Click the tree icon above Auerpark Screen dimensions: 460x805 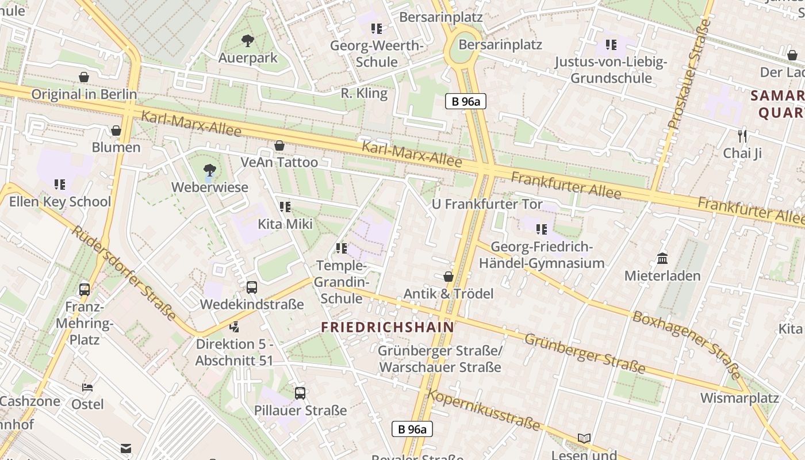coord(248,40)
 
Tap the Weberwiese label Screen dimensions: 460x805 coord(210,187)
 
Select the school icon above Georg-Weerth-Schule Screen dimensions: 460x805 coord(377,28)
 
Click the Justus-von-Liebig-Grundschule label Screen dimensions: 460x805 coord(611,70)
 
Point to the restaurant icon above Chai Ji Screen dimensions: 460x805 coord(742,136)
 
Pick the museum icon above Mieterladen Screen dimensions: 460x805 coord(662,258)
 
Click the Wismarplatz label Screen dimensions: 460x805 coord(739,398)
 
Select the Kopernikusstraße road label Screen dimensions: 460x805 coord(484,410)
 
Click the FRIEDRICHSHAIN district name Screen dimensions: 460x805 coord(388,327)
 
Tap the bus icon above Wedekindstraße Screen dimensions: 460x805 coord(251,287)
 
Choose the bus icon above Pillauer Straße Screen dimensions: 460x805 coord(300,393)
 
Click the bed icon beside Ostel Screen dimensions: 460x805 coord(87,387)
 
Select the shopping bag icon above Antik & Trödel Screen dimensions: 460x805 coord(448,277)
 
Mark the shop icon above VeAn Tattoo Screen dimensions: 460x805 coord(279,145)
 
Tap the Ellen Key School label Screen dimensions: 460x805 coord(60,202)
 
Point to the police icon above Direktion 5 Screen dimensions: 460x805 coord(234,327)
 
